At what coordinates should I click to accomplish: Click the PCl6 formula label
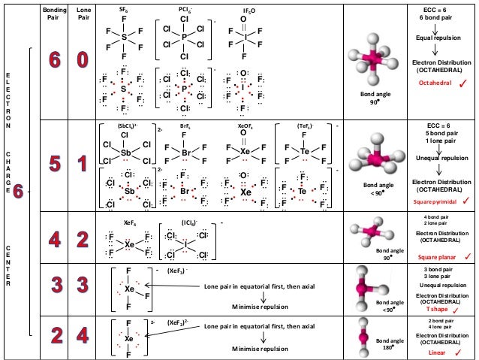183,11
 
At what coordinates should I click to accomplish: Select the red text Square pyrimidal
435,202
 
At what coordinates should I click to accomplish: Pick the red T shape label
436,308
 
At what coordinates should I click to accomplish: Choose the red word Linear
437,352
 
